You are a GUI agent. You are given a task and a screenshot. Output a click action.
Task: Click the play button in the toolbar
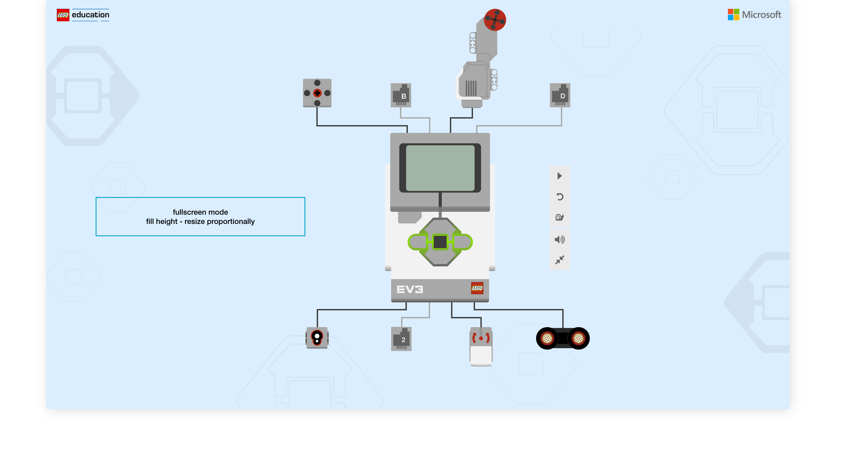(x=559, y=176)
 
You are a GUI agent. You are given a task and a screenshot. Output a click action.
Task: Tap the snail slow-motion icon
(x=559, y=217)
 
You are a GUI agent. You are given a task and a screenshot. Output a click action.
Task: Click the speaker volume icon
(x=559, y=240)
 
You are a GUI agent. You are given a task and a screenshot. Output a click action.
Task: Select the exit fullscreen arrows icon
(x=559, y=260)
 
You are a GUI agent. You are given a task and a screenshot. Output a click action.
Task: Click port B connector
(x=401, y=95)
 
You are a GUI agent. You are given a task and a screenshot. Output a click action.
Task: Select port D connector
(x=560, y=95)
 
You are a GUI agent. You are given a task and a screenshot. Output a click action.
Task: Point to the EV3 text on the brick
(x=410, y=289)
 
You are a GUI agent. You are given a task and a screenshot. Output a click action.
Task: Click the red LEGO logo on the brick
(x=477, y=288)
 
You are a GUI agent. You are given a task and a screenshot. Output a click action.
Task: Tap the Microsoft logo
(x=754, y=15)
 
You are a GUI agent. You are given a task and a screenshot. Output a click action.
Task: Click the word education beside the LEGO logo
(x=90, y=15)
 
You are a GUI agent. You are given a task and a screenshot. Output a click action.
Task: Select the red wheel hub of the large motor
(x=495, y=20)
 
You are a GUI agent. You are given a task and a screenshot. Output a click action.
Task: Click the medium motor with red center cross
(x=317, y=93)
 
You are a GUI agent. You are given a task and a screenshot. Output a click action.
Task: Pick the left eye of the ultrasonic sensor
(x=547, y=338)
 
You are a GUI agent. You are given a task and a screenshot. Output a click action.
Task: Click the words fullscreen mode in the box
(x=200, y=212)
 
